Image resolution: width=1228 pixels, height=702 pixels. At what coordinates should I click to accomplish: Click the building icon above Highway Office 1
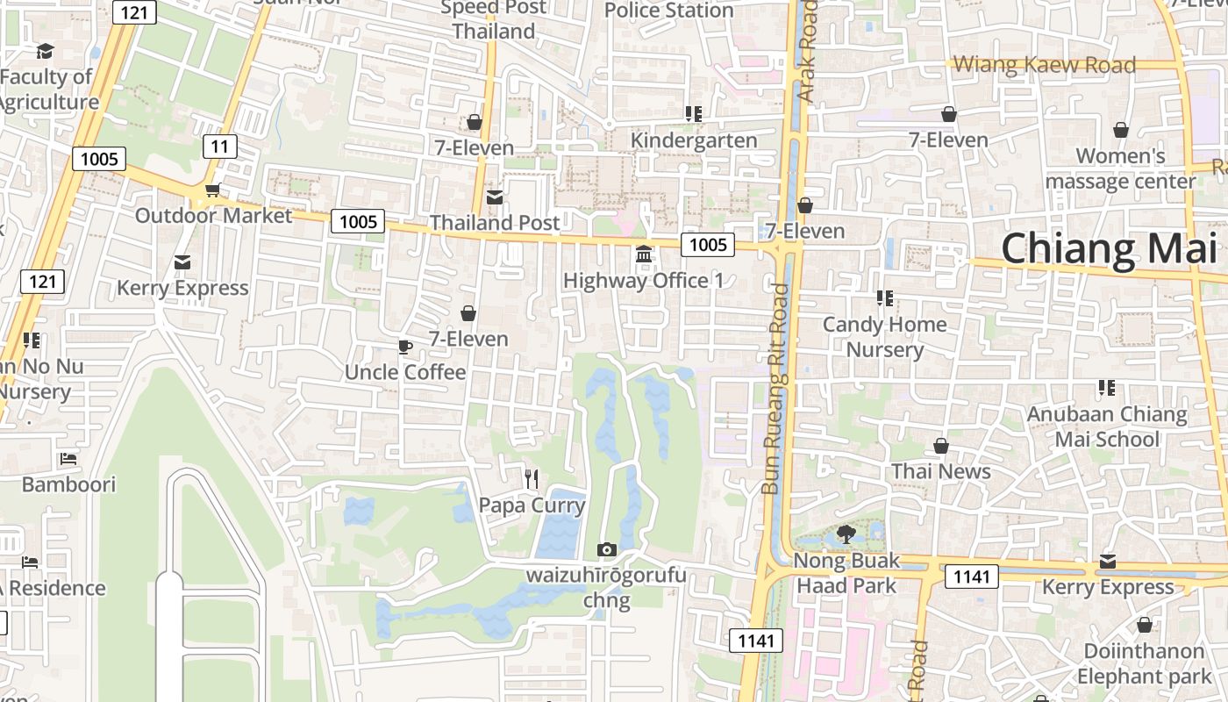click(x=644, y=254)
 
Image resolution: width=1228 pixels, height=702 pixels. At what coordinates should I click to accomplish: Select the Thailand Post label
click(x=494, y=223)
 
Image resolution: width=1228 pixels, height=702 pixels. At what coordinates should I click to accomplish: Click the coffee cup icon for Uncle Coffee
click(x=404, y=347)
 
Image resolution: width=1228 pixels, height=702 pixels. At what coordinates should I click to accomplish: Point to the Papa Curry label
click(x=532, y=505)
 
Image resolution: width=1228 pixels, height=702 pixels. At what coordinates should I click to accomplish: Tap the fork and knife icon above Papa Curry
click(x=532, y=478)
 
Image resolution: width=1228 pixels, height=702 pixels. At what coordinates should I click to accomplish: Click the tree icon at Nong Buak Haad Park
click(x=846, y=534)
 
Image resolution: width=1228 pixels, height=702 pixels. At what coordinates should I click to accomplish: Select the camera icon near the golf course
click(x=606, y=550)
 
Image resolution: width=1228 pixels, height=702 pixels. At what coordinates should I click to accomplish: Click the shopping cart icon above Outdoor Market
click(x=212, y=190)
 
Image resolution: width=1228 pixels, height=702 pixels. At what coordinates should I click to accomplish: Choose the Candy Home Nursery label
click(x=884, y=337)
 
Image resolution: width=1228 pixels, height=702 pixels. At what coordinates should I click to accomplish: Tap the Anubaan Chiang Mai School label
click(x=1107, y=426)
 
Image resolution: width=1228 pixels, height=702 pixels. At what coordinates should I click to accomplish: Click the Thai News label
click(x=941, y=471)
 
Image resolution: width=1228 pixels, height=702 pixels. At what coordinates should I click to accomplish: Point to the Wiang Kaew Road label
click(x=1044, y=64)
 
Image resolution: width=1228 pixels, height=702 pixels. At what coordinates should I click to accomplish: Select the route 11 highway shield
click(x=219, y=147)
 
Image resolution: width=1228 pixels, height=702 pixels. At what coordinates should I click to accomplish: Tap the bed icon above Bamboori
click(x=68, y=459)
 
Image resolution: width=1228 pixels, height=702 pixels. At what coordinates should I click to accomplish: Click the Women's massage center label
click(x=1120, y=168)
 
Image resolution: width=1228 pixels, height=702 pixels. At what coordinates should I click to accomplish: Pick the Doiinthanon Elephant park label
click(x=1144, y=663)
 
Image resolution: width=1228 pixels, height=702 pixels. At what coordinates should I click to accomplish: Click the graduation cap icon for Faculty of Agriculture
click(x=45, y=52)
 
